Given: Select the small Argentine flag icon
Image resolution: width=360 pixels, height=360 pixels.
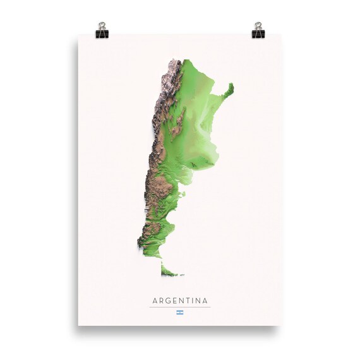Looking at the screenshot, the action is coord(180,313).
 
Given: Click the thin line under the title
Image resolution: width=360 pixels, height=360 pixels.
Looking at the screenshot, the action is coord(180,308).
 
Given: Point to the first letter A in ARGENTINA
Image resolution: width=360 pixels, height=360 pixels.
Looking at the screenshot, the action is coord(154,301).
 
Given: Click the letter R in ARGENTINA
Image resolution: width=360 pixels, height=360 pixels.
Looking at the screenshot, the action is coord(161,301).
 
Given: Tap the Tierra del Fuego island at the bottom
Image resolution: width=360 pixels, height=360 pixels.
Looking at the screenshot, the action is coord(169,272).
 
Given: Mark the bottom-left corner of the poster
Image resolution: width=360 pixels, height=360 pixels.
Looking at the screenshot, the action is coord(78,325).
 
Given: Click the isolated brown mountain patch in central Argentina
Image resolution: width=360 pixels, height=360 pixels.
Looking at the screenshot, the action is coord(181,117).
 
